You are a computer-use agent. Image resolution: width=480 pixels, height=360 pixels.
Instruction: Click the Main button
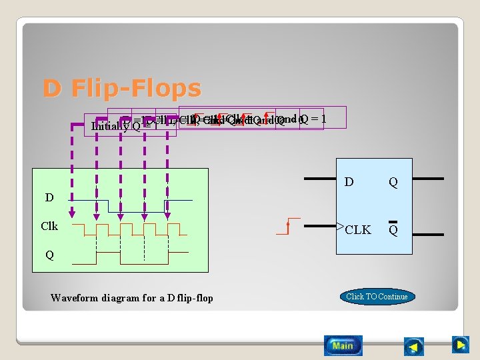tap(343, 345)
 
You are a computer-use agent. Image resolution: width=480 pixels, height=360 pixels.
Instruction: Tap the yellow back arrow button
tap(415, 346)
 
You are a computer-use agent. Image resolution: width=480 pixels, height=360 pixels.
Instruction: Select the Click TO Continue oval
tap(377, 296)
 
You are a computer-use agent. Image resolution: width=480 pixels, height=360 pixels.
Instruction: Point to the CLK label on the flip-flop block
tap(358, 230)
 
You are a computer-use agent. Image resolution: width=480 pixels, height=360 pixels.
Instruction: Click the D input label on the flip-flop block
tap(348, 181)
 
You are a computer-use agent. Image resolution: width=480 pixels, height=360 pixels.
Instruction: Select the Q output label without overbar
tap(393, 182)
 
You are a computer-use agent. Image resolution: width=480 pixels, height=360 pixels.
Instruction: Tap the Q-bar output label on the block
tap(393, 229)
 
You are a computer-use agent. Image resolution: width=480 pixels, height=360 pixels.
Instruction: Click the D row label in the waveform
tap(49, 197)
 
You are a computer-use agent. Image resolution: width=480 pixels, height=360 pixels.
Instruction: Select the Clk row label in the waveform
tap(49, 226)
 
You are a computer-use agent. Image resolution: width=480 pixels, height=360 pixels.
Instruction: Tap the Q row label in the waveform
tap(49, 255)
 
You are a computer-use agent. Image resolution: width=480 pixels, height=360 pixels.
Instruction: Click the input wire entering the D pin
tap(320, 179)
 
